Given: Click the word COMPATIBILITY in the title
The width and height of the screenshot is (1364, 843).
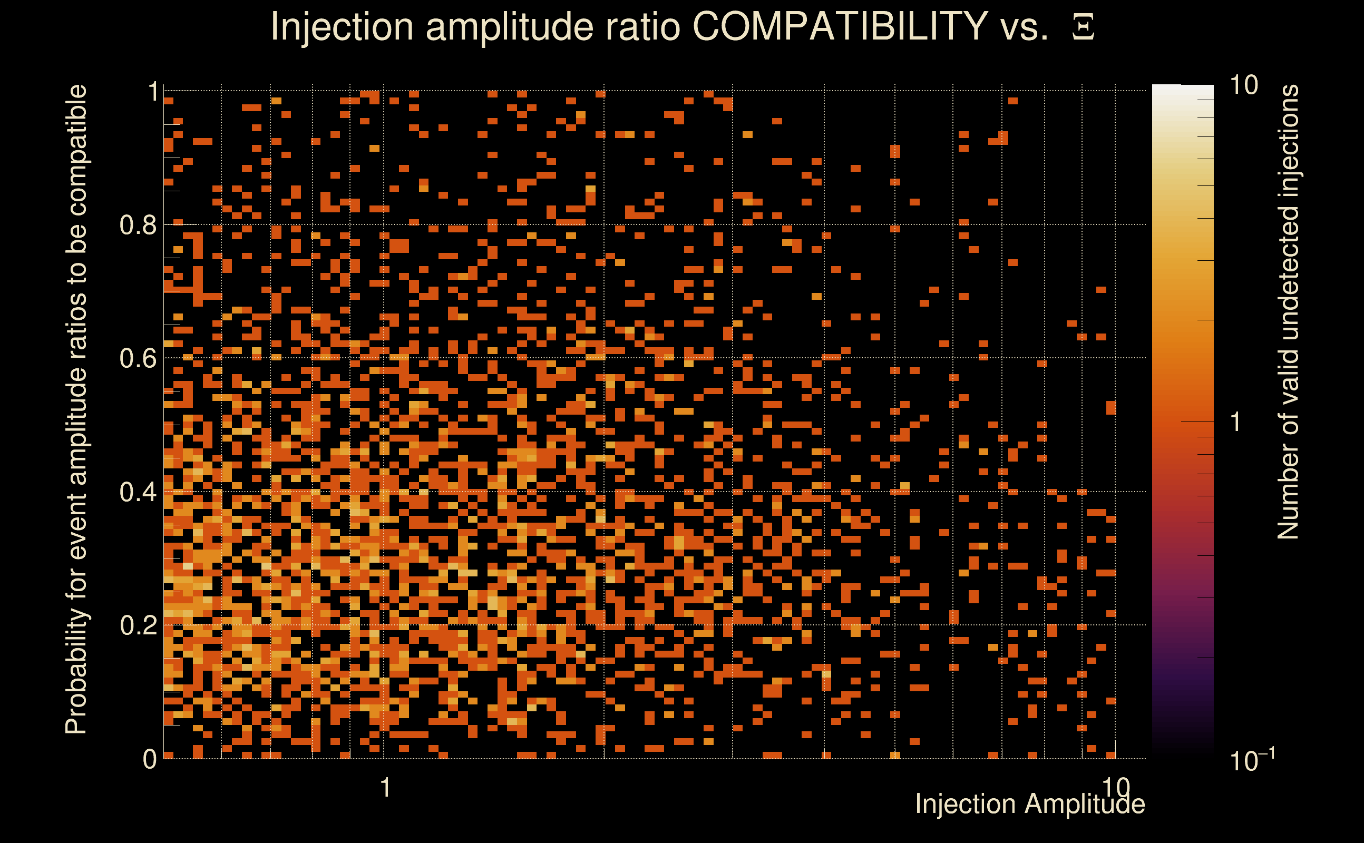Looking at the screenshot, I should [840, 26].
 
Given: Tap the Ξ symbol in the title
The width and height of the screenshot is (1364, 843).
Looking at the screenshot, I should [1083, 27].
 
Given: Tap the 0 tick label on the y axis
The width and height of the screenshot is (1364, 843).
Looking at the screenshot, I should [150, 759].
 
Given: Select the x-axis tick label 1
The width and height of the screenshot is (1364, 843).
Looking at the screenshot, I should [385, 788].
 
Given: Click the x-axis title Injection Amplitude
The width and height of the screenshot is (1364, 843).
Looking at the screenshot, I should [1030, 804].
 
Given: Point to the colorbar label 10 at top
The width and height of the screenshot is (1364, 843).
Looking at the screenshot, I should [1243, 85].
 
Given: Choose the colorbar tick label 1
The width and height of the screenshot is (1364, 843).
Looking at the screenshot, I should [1236, 422].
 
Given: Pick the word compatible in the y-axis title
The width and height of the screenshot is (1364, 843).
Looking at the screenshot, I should [76, 150].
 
